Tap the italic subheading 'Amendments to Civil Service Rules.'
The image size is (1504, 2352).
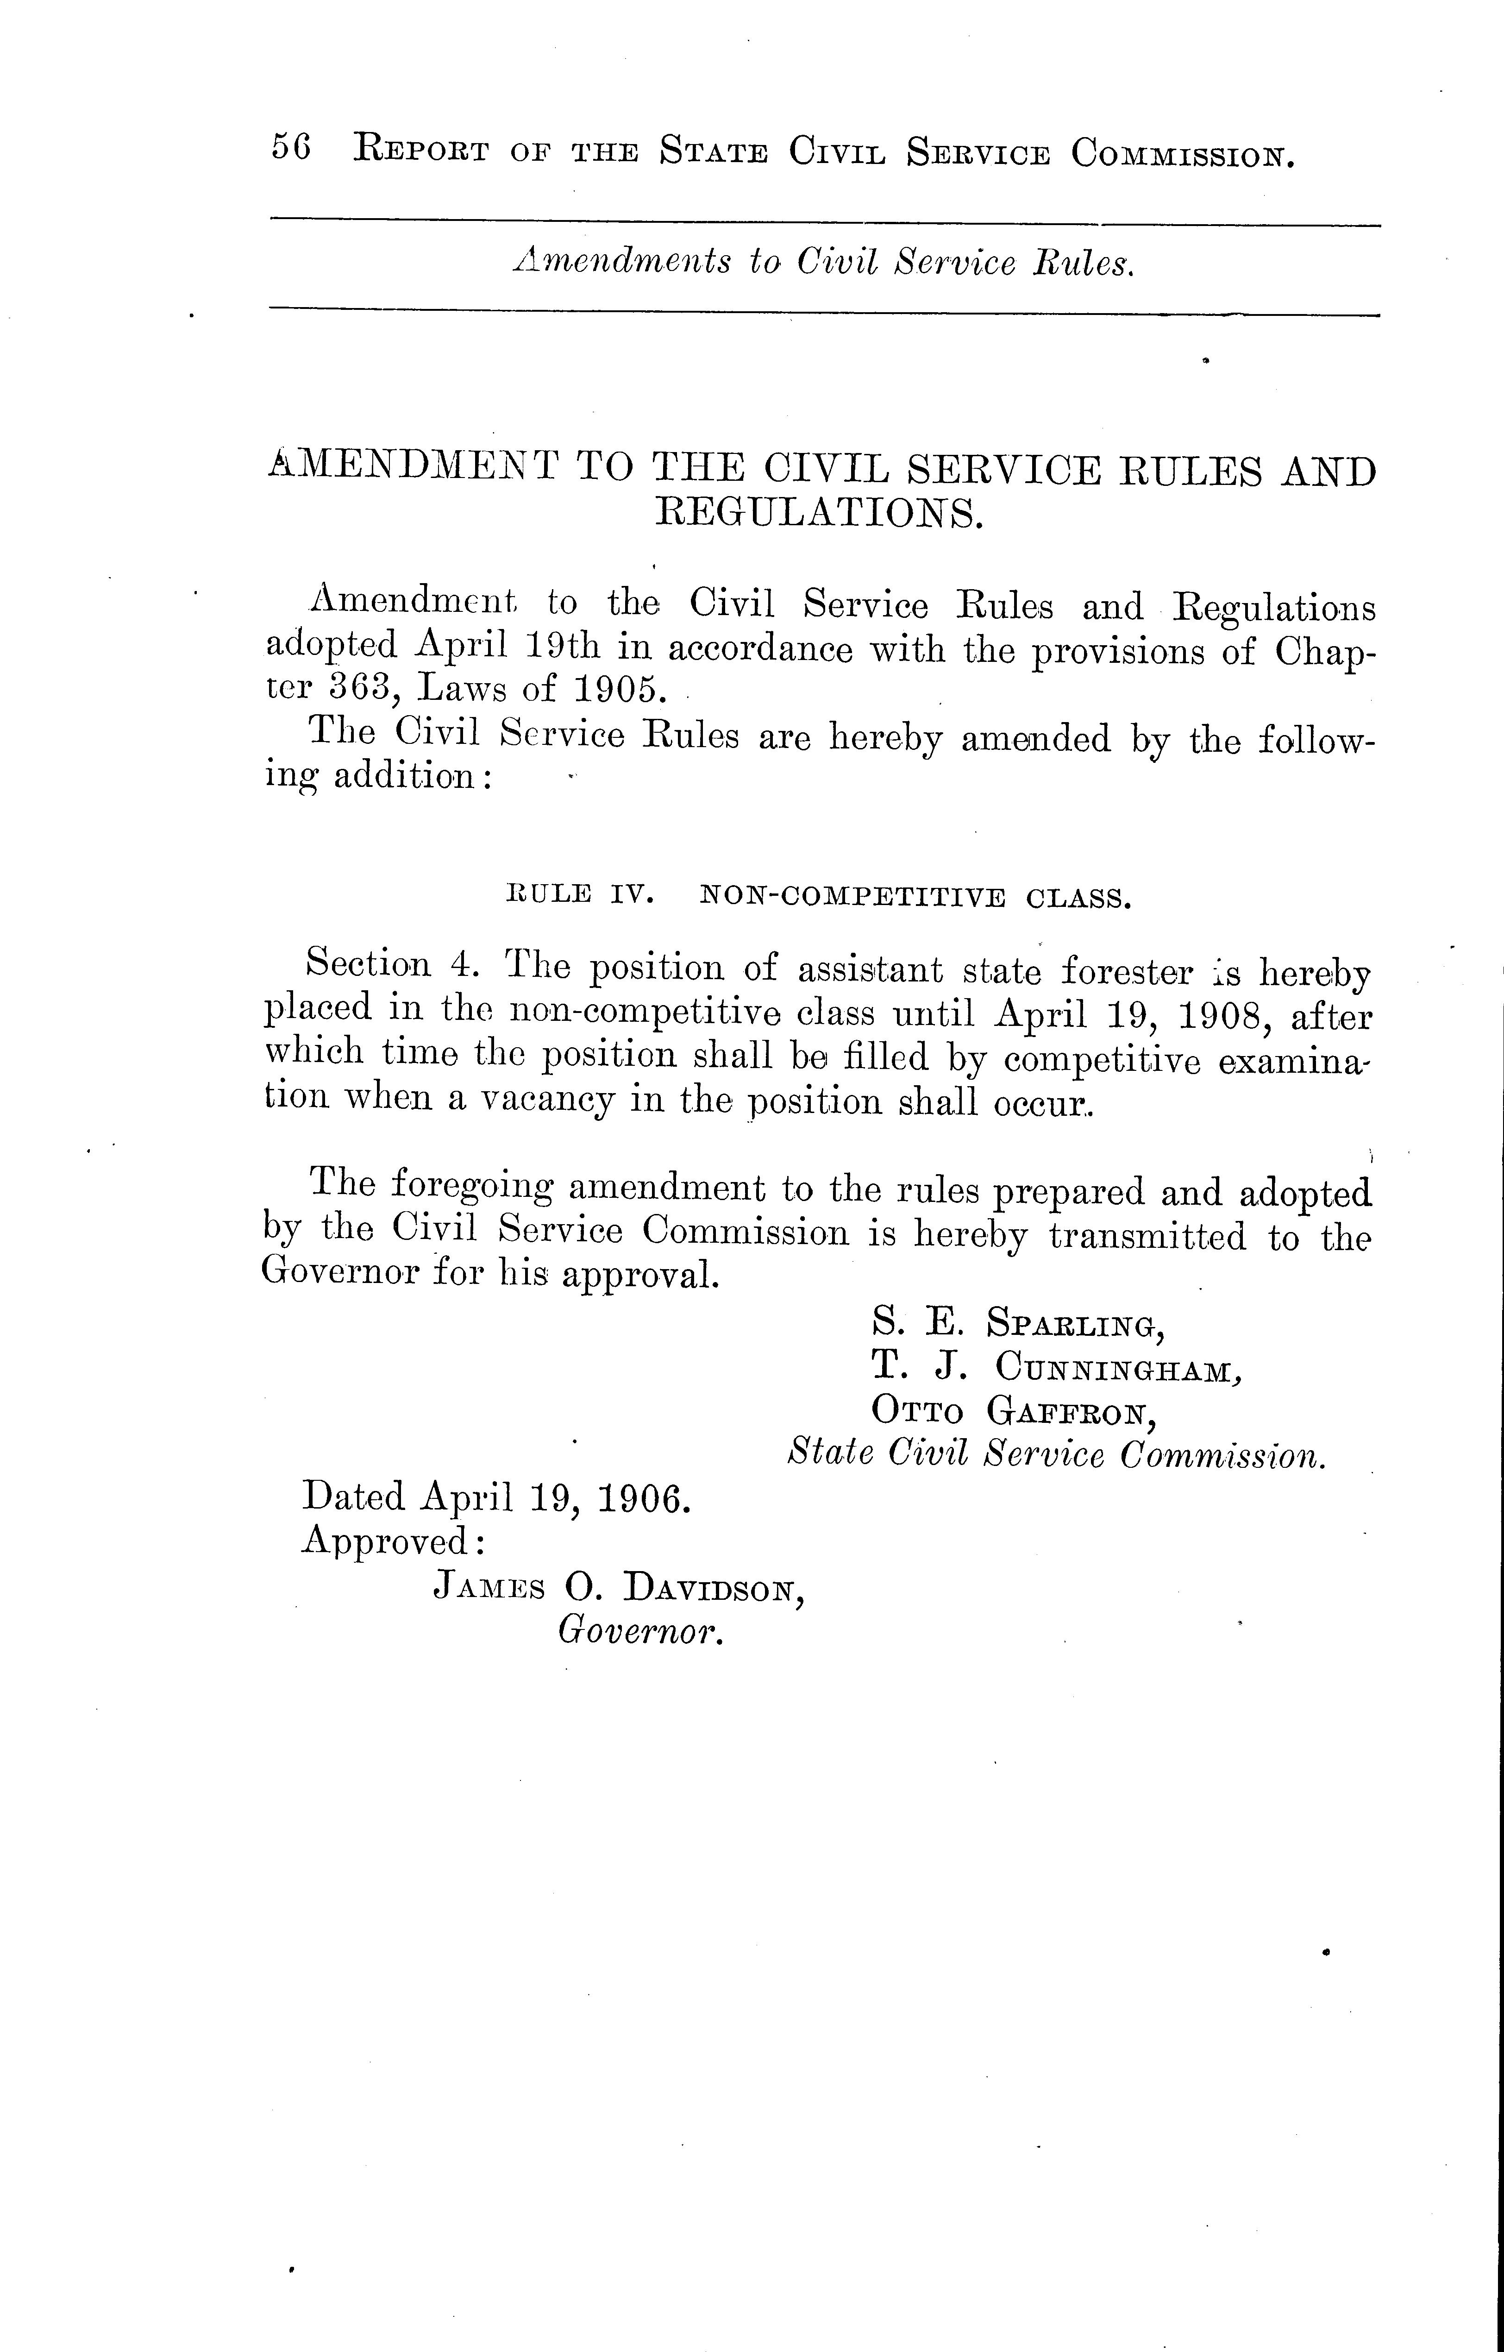pyautogui.click(x=823, y=262)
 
